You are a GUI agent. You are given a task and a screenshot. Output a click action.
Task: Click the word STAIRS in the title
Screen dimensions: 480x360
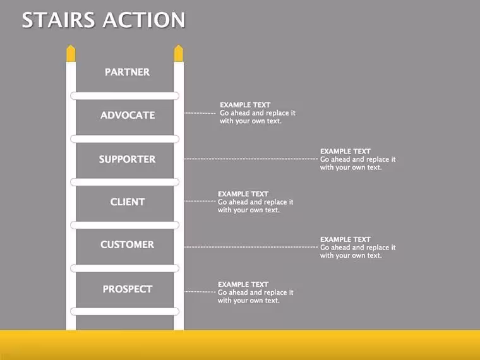click(58, 20)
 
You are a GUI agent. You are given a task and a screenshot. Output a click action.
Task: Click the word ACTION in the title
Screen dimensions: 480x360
click(144, 20)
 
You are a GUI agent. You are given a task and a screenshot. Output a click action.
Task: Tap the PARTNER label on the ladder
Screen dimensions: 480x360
click(128, 72)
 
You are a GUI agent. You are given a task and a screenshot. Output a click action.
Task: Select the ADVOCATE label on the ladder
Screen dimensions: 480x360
click(128, 115)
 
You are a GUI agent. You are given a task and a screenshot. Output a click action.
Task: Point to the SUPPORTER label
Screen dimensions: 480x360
click(127, 159)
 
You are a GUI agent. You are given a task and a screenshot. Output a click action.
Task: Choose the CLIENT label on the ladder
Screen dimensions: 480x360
click(128, 202)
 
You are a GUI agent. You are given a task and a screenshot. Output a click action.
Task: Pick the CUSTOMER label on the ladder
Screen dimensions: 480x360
click(128, 244)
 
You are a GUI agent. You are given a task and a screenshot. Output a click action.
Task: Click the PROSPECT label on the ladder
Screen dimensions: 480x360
click(128, 289)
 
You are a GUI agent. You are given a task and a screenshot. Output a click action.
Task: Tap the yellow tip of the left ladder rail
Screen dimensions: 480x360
click(71, 54)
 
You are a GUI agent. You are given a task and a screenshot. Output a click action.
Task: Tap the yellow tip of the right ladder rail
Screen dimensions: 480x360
click(179, 54)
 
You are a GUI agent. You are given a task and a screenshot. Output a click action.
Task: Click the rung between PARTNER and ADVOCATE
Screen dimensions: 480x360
click(124, 96)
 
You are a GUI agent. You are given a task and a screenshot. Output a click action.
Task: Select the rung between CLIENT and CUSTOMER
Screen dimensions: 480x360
click(124, 225)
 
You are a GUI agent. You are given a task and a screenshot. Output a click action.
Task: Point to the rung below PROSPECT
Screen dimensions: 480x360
click(124, 311)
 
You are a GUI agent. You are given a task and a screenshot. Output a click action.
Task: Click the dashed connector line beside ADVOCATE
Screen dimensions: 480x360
click(200, 113)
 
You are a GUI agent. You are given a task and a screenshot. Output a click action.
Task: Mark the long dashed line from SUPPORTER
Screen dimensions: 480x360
click(251, 159)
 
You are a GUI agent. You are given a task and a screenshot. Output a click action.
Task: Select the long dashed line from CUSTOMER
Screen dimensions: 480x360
click(251, 247)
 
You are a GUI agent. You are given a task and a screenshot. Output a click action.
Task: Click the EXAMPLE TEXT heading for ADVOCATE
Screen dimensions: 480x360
click(245, 105)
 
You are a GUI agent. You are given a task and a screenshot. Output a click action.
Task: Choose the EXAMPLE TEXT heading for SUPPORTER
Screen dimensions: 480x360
click(345, 151)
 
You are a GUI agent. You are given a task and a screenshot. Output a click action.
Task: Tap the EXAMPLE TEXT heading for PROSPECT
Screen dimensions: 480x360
click(243, 284)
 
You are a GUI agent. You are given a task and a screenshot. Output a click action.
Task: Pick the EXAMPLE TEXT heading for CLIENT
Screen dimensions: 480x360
click(243, 194)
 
